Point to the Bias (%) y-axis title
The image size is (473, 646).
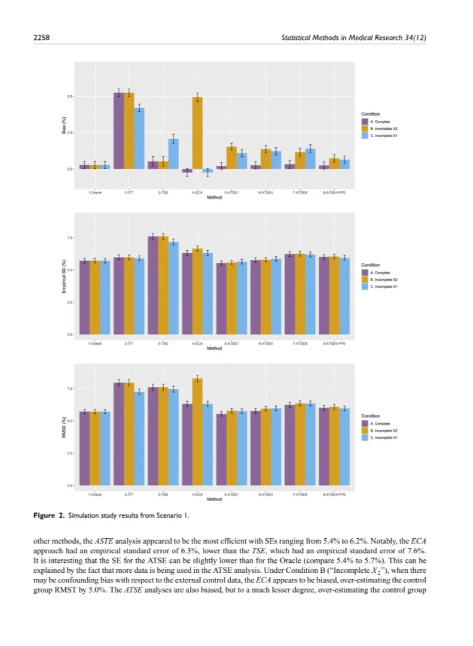63,129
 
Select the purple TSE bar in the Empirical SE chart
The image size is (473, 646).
153,286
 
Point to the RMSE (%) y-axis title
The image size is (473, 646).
63,429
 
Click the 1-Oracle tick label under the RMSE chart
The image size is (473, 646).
95,495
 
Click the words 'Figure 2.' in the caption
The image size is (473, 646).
47,515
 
